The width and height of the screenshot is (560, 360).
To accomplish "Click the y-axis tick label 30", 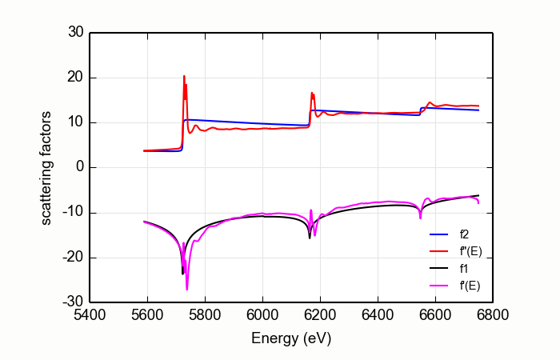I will click(75, 33).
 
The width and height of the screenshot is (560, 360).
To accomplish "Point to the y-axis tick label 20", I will click(75, 78).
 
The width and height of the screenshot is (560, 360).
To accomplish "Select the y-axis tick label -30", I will click(74, 302).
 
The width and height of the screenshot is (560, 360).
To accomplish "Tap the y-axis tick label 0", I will click(78, 168).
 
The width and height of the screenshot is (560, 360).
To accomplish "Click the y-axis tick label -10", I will click(74, 213).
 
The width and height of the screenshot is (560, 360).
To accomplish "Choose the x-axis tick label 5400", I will click(90, 316).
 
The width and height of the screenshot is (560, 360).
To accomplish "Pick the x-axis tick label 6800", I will click(492, 316).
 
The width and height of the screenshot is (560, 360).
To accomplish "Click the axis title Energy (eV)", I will click(291, 338).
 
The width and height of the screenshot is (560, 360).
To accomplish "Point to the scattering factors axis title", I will click(47, 168).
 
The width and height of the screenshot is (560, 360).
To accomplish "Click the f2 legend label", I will click(463, 235).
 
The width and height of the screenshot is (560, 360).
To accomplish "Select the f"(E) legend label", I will click(470, 252).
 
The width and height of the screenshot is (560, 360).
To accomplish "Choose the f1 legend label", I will click(463, 269).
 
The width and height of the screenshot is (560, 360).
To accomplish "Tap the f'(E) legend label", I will click(470, 286).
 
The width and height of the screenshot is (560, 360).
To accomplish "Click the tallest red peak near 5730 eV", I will click(184, 77).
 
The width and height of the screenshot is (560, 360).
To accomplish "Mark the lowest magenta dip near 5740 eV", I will click(187, 289).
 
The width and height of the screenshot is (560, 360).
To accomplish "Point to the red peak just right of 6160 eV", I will click(312, 93).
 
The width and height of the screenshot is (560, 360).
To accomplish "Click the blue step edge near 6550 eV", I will click(421, 111).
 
